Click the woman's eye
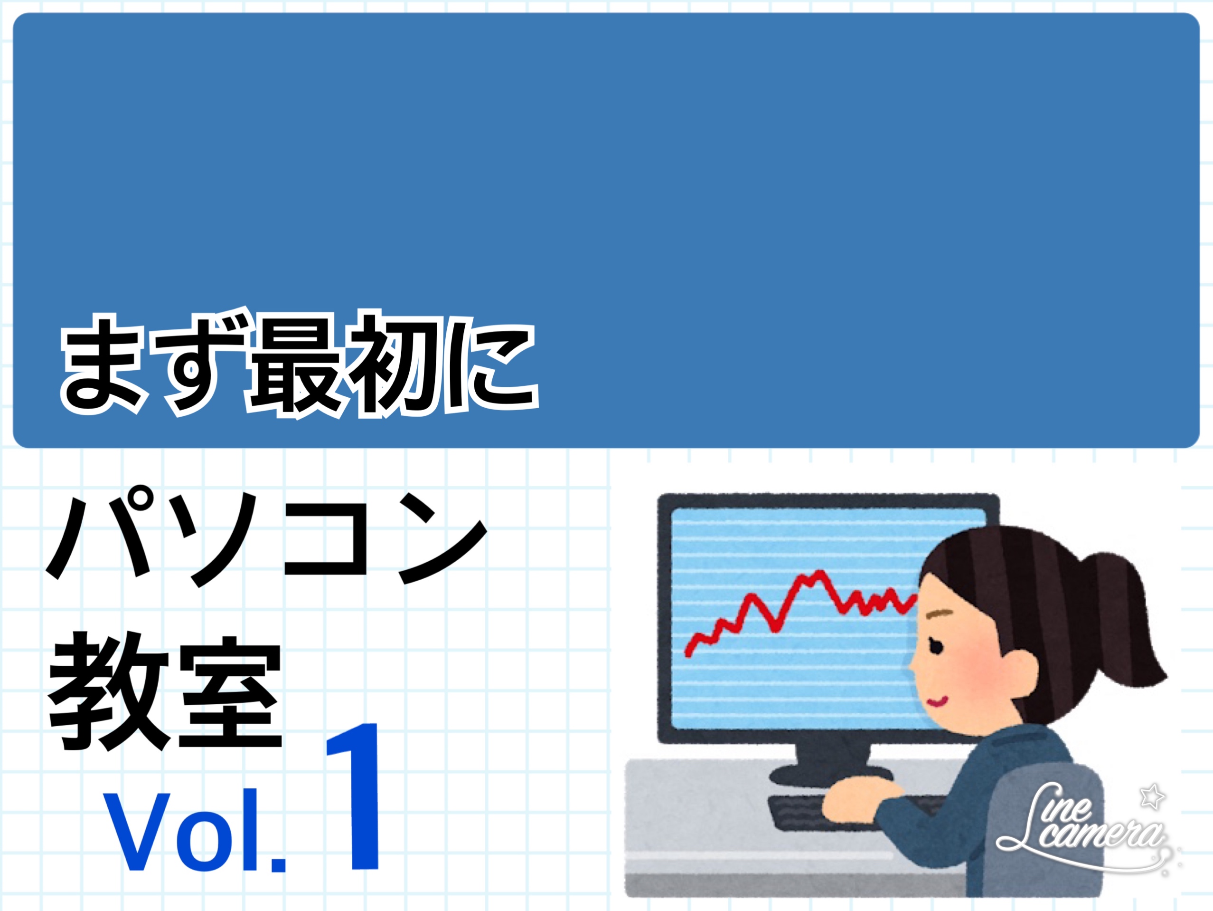pos(936,646)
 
